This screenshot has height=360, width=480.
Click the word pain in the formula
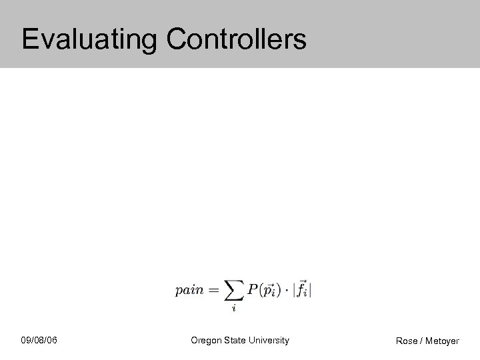click(x=189, y=291)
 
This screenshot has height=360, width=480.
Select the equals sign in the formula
click(x=213, y=291)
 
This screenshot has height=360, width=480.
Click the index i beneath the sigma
click(x=234, y=309)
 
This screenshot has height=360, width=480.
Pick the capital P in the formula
click(x=253, y=290)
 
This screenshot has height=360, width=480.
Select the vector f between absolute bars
click(x=302, y=290)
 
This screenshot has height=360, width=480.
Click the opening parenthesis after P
click(x=261, y=291)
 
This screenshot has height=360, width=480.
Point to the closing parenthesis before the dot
click(x=280, y=291)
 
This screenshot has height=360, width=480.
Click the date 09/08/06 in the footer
click(x=39, y=341)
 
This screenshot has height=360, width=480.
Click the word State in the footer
click(x=236, y=341)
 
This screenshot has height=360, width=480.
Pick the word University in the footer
click(x=270, y=341)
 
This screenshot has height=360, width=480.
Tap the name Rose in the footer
click(x=407, y=341)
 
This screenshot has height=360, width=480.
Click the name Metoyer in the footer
click(x=443, y=341)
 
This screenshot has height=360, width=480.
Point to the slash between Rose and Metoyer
click(x=422, y=341)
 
